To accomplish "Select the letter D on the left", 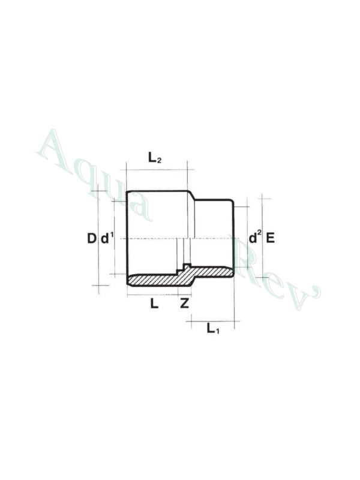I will pyautogui.click(x=91, y=239).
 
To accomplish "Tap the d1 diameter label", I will pyautogui.click(x=107, y=239).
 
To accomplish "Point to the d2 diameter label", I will pyautogui.click(x=254, y=238).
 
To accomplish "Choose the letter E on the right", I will pyautogui.click(x=270, y=238).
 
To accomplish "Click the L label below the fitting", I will pyautogui.click(x=154, y=304).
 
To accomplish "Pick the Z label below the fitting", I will pyautogui.click(x=185, y=304).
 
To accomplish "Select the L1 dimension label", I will pyautogui.click(x=212, y=328).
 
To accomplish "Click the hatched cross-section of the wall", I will pyautogui.click(x=156, y=280).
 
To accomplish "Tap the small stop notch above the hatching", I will pyautogui.click(x=187, y=267).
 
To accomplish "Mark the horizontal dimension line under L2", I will pyautogui.click(x=157, y=170).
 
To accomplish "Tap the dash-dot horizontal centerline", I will pyautogui.click(x=180, y=239).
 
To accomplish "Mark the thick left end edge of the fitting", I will pyautogui.click(x=126, y=239).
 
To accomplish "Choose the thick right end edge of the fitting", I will pyautogui.click(x=233, y=239).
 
